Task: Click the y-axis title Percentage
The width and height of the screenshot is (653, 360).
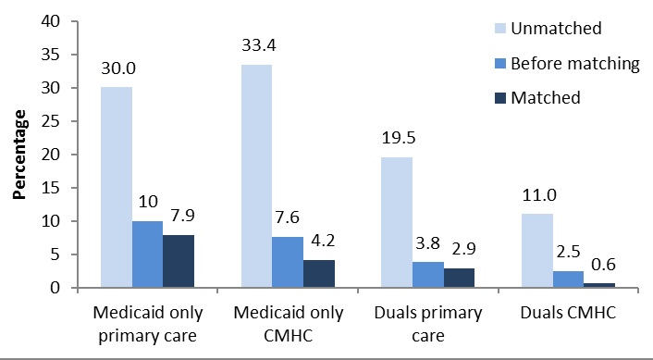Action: coord(18,155)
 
